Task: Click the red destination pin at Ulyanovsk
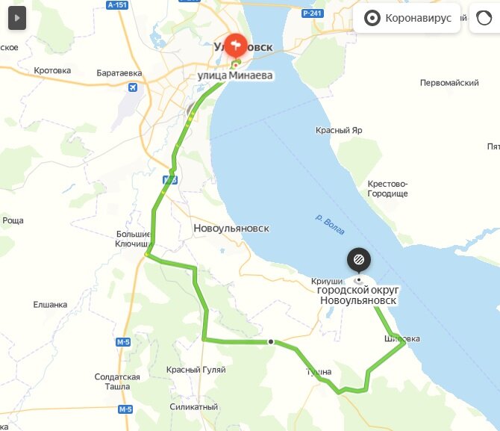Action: [x=237, y=46]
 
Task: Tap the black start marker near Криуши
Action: [x=359, y=260]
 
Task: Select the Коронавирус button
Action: [x=408, y=18]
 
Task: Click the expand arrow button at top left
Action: [x=17, y=17]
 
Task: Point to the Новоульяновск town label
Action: [x=231, y=229]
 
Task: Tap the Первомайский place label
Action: [x=449, y=83]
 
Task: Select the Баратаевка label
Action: [x=119, y=73]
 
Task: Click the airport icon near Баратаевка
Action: [x=134, y=88]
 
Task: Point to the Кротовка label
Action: [x=52, y=71]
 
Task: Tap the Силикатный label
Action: [x=194, y=408]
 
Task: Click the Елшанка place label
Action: [x=51, y=305]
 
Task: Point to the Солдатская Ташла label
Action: [x=117, y=382]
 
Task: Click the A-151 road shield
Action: [x=116, y=4]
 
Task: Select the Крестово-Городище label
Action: [x=387, y=188]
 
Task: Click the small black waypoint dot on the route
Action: [x=272, y=341]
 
